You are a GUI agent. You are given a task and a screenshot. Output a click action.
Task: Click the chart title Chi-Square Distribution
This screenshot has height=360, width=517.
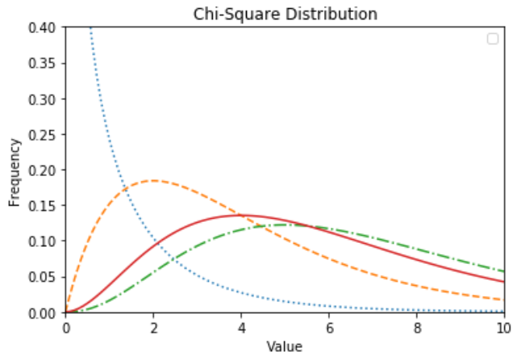(x=285, y=14)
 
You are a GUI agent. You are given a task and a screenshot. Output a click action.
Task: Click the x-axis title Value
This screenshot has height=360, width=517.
(x=285, y=347)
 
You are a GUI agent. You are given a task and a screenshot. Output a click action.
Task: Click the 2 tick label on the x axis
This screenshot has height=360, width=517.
(x=153, y=329)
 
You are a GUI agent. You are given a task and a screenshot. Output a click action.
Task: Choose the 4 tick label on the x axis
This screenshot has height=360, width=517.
(x=241, y=329)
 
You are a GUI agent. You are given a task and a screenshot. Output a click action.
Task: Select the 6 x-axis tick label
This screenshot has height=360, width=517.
(x=328, y=329)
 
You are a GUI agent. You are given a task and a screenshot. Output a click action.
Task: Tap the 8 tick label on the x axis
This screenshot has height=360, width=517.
(x=416, y=329)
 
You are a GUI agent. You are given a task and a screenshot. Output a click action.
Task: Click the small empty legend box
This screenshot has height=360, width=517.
(x=492, y=39)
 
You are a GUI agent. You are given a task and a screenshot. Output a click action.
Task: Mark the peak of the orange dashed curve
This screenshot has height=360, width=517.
(x=153, y=181)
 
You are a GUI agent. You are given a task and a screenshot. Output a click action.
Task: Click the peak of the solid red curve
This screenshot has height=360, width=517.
(x=241, y=216)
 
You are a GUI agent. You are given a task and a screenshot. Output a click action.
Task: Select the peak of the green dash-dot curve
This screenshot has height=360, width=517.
(x=285, y=225)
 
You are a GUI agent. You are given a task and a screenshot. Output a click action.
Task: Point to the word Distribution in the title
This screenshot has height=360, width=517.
(x=327, y=14)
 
